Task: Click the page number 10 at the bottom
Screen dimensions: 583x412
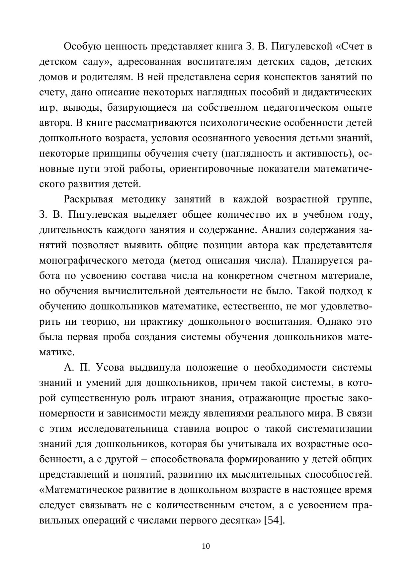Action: coord(206,546)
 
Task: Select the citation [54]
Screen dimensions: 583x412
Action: coord(275,520)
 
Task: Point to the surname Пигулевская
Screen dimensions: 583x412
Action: coord(98,215)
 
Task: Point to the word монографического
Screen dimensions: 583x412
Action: coord(83,261)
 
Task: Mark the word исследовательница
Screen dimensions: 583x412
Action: coord(123,429)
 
